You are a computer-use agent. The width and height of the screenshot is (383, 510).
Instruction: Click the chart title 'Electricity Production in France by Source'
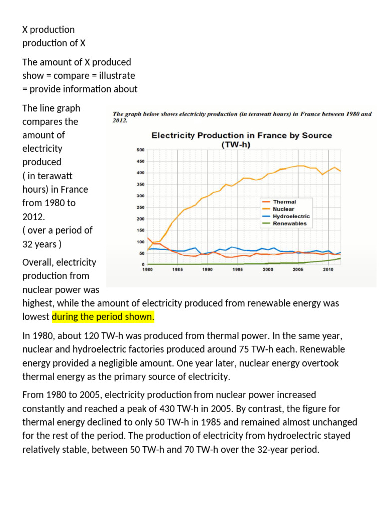[x=241, y=135]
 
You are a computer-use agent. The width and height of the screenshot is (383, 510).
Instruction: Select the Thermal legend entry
[x=284, y=202]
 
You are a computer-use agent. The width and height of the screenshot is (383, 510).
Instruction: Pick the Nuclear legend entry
[x=283, y=209]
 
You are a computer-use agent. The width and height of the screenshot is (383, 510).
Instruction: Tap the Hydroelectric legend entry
[x=291, y=217]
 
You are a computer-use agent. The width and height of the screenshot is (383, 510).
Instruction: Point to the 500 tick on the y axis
[x=141, y=150]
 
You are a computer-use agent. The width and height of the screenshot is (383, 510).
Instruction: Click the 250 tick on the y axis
[x=141, y=207]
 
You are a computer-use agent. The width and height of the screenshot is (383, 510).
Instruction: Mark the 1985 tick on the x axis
[x=178, y=269]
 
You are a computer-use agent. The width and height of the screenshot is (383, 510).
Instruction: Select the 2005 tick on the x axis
[x=298, y=269]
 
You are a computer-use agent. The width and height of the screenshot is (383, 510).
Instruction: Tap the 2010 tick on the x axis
[x=328, y=269]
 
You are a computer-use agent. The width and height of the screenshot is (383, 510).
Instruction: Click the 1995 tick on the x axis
[x=237, y=269]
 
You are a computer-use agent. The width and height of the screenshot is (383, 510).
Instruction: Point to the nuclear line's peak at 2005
[x=299, y=166]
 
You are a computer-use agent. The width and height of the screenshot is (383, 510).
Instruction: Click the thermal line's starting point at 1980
[x=148, y=238]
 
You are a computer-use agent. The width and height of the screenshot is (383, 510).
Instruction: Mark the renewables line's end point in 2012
[x=340, y=258]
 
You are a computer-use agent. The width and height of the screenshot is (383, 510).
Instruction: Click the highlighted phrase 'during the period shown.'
[x=103, y=317]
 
